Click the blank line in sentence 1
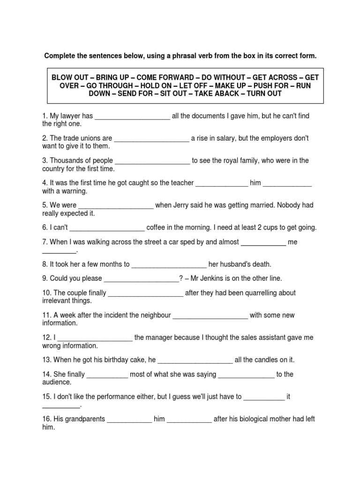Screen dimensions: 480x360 133,117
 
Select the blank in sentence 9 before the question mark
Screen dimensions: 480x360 141,279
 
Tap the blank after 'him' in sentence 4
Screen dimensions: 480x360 287,184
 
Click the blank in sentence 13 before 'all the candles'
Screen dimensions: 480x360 195,360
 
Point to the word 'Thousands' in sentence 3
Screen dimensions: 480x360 66,161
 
